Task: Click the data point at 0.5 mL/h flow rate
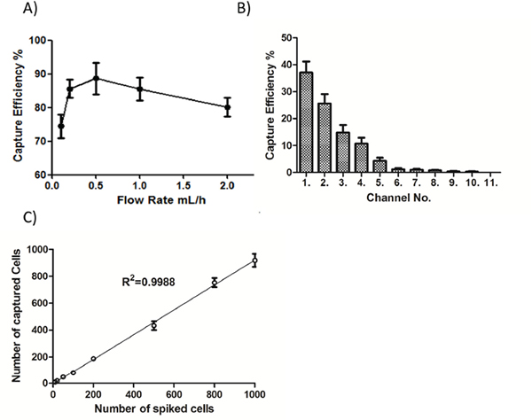point(96,78)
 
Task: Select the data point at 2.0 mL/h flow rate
point(227,107)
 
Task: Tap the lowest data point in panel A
point(61,126)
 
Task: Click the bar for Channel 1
point(307,122)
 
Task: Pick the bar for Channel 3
point(343,152)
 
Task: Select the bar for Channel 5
point(379,167)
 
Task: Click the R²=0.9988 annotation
point(149,282)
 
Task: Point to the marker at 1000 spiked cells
point(254,261)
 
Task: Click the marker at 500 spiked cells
point(154,325)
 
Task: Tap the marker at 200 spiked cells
point(93,359)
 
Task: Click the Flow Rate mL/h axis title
point(161,200)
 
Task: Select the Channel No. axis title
point(399,198)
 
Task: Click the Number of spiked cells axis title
point(154,408)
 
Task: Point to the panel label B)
point(244,8)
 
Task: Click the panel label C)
point(29,217)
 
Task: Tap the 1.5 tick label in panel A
point(184,185)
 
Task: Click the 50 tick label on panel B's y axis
point(286,37)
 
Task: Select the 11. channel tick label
point(490,183)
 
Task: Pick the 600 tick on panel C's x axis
point(174,394)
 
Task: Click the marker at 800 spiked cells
point(215,283)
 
